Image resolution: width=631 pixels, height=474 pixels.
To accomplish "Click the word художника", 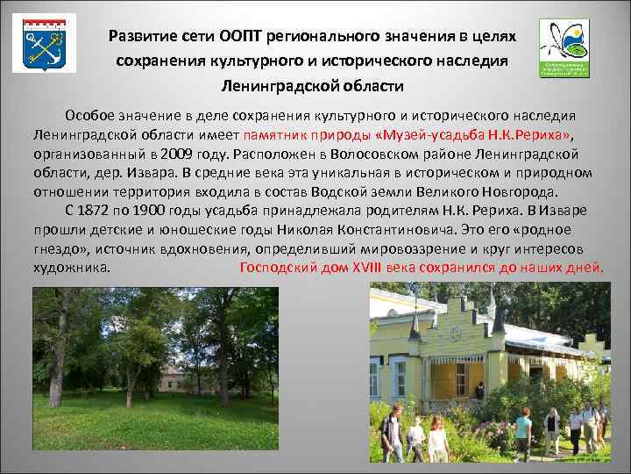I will [72, 268].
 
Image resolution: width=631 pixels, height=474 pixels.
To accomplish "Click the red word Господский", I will [278, 268].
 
